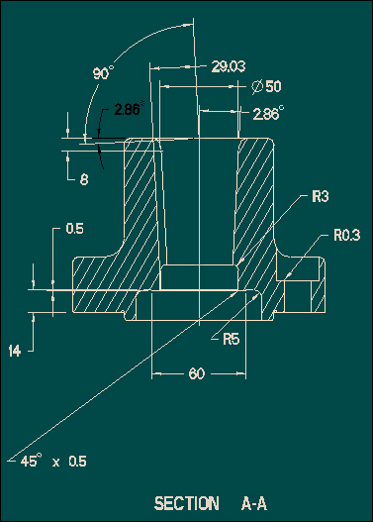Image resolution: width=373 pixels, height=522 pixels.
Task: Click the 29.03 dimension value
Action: point(229,66)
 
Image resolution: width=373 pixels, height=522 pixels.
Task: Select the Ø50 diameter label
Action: point(266,86)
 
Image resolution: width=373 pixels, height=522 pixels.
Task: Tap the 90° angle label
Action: point(103,72)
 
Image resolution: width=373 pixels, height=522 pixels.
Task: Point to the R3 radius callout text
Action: point(321,196)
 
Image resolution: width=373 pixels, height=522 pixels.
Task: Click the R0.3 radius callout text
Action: point(346,235)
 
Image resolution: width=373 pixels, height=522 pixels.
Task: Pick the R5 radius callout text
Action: point(232,339)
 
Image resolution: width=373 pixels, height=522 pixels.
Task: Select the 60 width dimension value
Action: point(197,373)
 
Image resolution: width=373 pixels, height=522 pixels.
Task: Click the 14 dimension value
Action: point(14,351)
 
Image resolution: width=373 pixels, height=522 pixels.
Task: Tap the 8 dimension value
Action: point(84,179)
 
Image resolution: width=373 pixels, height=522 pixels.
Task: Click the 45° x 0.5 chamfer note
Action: point(53,461)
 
